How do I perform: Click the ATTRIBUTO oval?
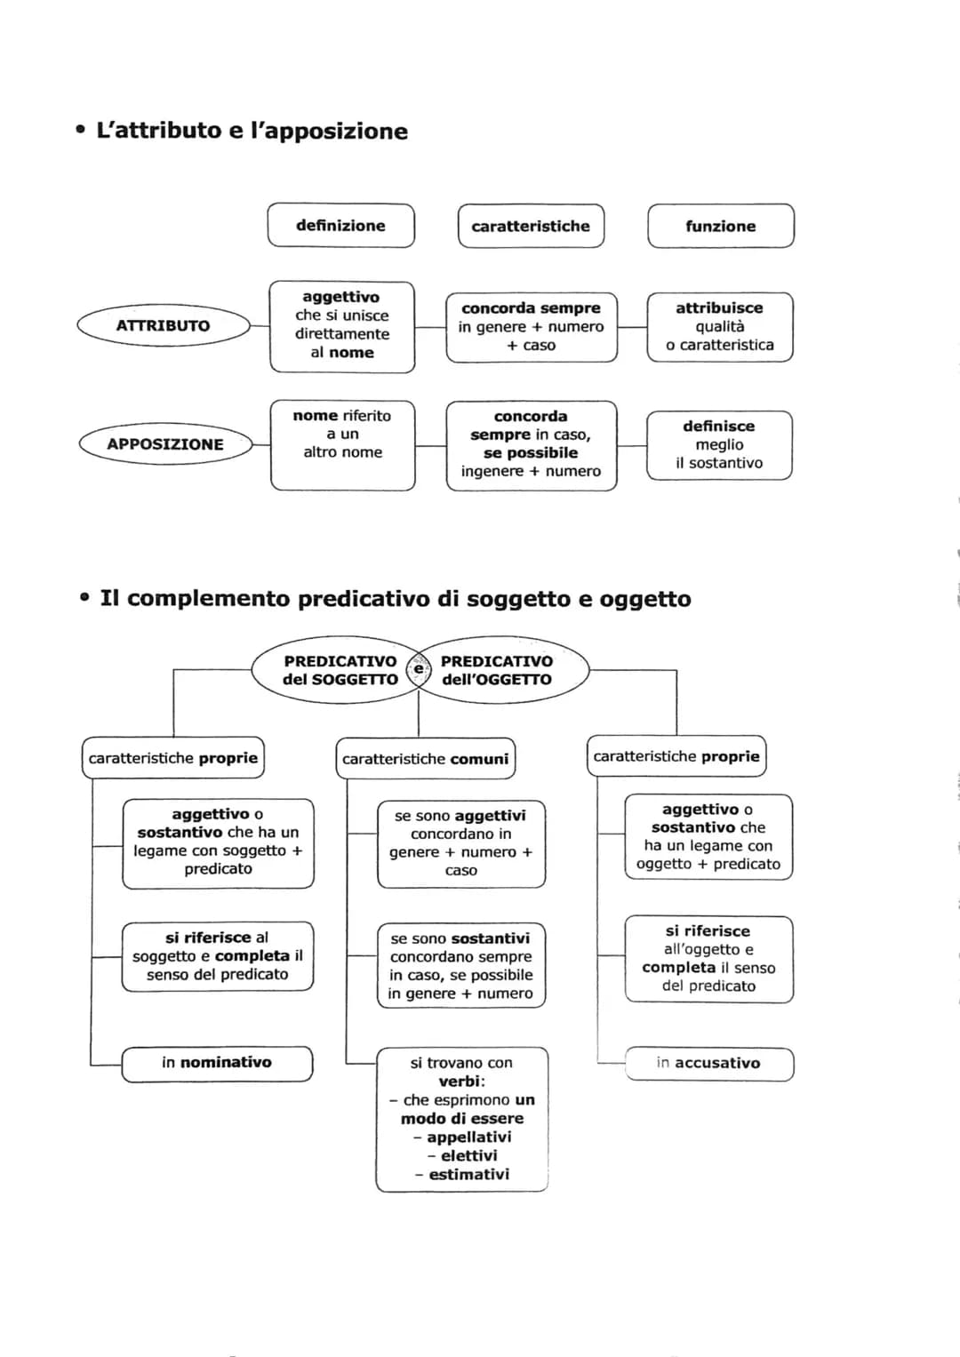tap(164, 325)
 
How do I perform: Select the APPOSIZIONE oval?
tap(165, 444)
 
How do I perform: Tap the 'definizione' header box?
tap(340, 226)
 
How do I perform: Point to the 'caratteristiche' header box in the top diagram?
tap(531, 226)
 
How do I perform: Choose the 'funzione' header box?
tap(720, 226)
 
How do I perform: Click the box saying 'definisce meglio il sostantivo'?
tap(719, 444)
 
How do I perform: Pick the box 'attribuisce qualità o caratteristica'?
tap(719, 326)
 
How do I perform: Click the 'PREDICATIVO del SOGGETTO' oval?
tap(338, 670)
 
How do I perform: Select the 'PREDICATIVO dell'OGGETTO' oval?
tap(498, 670)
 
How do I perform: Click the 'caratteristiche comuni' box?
tap(425, 759)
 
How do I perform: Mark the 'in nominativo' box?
tap(217, 1063)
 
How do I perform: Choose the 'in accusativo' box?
tap(708, 1063)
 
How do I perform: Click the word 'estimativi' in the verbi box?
tap(468, 1174)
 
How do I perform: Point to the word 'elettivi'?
tap(468, 1155)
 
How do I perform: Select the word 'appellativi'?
tap(468, 1137)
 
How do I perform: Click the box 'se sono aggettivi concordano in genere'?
tap(460, 842)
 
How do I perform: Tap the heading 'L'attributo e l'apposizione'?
tap(252, 131)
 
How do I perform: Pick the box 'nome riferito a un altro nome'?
tap(342, 444)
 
